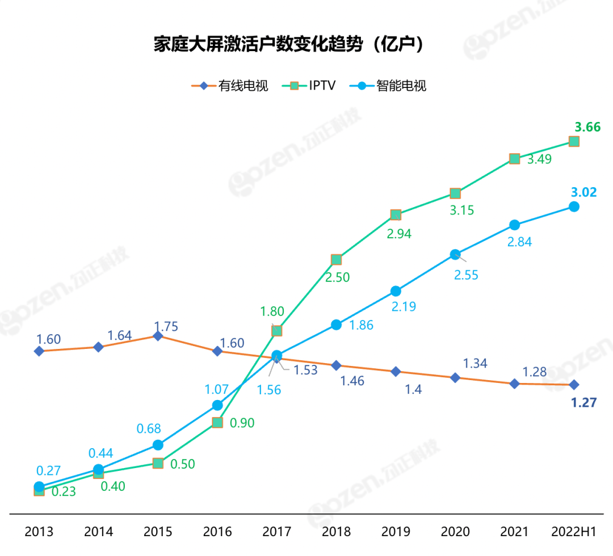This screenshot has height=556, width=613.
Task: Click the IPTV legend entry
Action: (312, 86)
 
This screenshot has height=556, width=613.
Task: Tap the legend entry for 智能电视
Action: (392, 86)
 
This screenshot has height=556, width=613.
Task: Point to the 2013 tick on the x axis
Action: (39, 532)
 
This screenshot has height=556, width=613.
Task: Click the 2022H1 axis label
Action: (574, 532)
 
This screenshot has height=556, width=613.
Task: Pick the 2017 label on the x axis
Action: (276, 532)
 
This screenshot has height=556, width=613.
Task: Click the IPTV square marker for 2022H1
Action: (574, 141)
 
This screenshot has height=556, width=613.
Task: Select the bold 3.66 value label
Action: (587, 127)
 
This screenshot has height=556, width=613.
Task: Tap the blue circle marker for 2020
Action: (455, 255)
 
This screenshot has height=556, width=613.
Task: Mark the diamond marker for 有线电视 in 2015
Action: (158, 336)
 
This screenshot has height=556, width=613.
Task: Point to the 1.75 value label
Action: (166, 326)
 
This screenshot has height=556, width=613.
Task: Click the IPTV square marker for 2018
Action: (336, 260)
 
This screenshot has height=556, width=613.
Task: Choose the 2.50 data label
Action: (337, 277)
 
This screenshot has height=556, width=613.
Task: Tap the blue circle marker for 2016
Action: (217, 405)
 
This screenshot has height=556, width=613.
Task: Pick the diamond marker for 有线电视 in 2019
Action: (396, 372)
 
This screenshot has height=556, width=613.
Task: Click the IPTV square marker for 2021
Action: (514, 159)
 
